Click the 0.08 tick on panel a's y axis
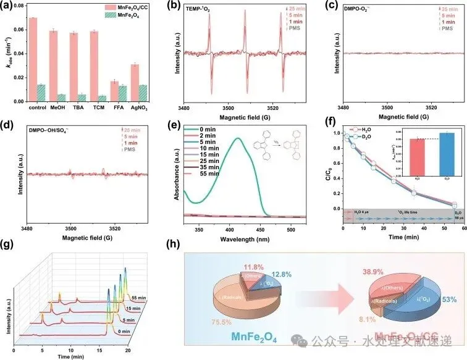(21, 6)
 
